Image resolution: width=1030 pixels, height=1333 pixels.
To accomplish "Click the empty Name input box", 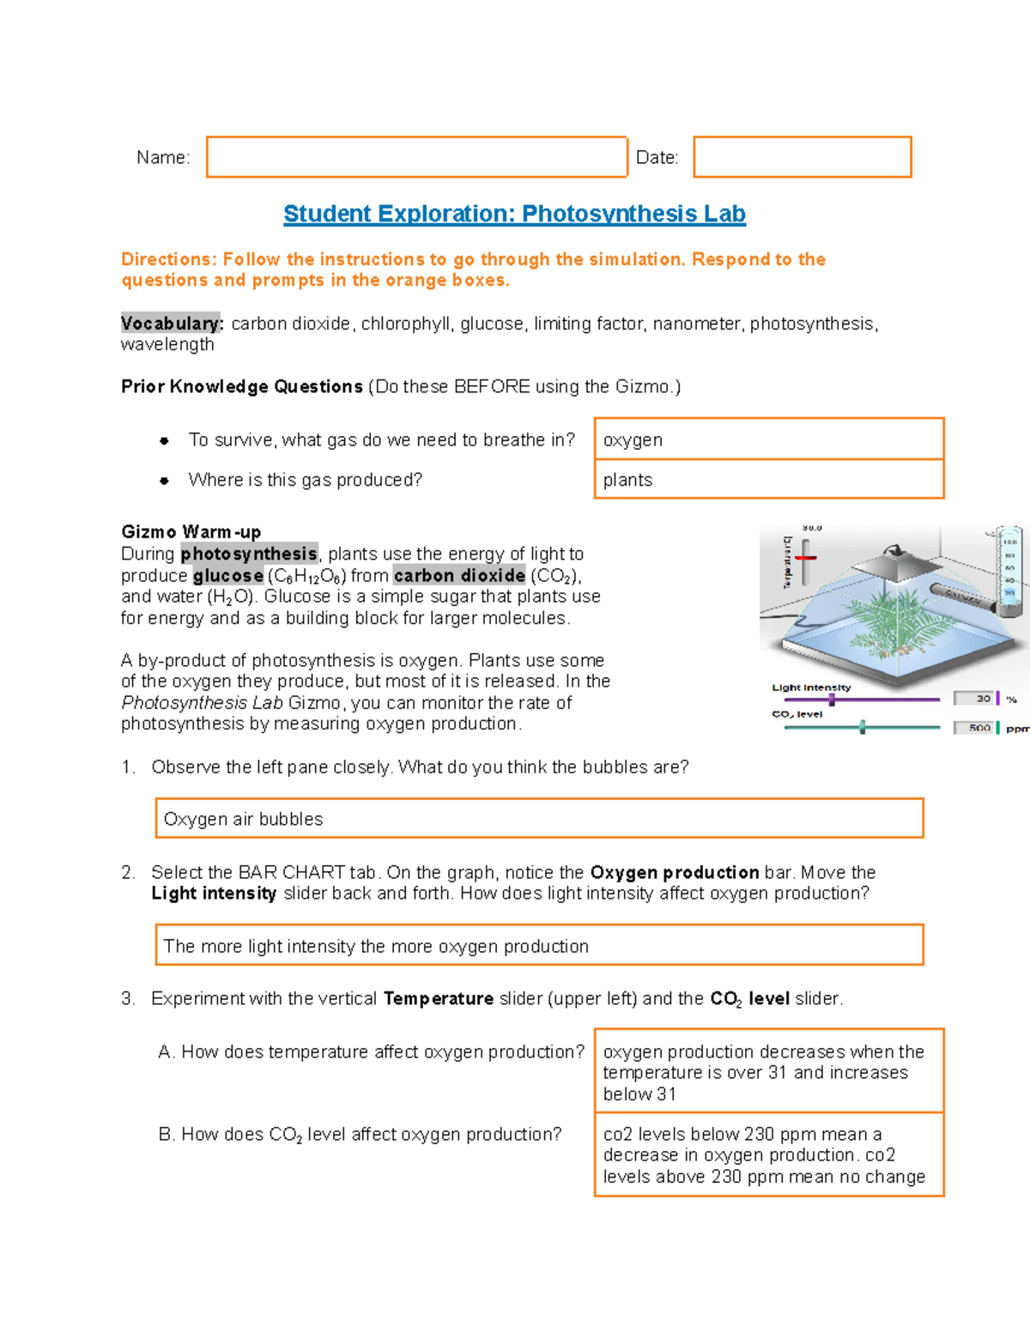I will click(x=416, y=157).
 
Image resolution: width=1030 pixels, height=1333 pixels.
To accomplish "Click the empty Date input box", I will click(x=802, y=157).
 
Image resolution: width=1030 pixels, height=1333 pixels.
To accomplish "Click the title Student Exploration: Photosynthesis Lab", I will click(x=514, y=214).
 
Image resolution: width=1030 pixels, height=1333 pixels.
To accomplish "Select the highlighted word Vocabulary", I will click(x=171, y=324).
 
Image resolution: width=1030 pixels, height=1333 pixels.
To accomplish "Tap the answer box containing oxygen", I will click(x=768, y=439).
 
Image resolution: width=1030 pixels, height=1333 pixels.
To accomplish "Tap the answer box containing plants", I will click(x=768, y=480).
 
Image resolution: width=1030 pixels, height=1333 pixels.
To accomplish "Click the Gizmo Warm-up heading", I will click(x=191, y=532).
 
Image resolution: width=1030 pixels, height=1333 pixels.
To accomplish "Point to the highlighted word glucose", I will click(x=227, y=576).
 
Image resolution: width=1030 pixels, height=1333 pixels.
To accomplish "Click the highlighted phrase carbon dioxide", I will click(x=459, y=576).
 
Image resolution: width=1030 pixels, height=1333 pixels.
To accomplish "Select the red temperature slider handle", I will click(x=805, y=558).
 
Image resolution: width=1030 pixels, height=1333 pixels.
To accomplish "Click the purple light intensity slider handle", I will click(x=832, y=700).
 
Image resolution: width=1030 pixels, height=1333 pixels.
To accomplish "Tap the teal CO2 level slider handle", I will click(x=862, y=728).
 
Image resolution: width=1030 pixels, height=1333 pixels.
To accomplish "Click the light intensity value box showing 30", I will click(x=974, y=699).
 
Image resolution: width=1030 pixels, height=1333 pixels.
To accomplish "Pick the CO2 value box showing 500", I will click(x=974, y=728).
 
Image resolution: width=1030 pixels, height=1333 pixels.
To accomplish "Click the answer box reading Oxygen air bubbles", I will click(x=539, y=819).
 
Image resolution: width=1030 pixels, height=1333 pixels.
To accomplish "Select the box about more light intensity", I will click(x=539, y=946).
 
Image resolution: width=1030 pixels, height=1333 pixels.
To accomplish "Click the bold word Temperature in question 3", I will click(x=438, y=999).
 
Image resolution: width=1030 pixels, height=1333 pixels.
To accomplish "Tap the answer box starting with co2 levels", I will click(x=768, y=1155).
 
